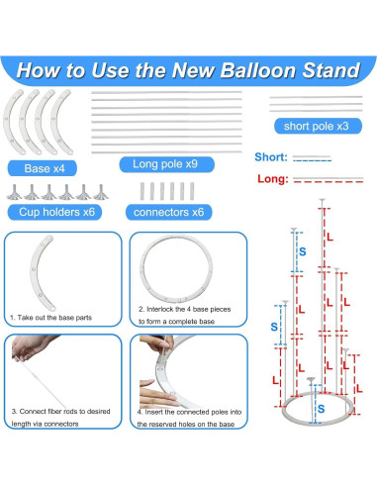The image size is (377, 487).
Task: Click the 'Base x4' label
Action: (x=45, y=168)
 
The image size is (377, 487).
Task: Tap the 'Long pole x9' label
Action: (x=165, y=164)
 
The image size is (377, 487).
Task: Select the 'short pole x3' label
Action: (x=317, y=126)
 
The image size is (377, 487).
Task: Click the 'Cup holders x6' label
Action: (x=56, y=212)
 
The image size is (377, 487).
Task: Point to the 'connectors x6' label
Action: (x=169, y=212)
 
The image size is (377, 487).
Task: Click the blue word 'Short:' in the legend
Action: (x=271, y=157)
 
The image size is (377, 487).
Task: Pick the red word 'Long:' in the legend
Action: (x=273, y=179)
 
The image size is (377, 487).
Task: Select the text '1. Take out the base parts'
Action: (x=50, y=318)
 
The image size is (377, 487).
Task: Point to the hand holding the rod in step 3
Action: (x=30, y=347)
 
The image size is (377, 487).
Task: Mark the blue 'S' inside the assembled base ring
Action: (x=321, y=409)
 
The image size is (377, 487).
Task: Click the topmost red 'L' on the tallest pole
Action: (x=330, y=238)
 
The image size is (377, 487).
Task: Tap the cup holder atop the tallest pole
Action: (x=322, y=200)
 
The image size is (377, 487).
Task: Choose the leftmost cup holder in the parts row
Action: (x=14, y=192)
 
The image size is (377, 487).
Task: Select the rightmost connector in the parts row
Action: (x=192, y=191)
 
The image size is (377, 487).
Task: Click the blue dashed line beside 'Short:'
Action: (x=312, y=160)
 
